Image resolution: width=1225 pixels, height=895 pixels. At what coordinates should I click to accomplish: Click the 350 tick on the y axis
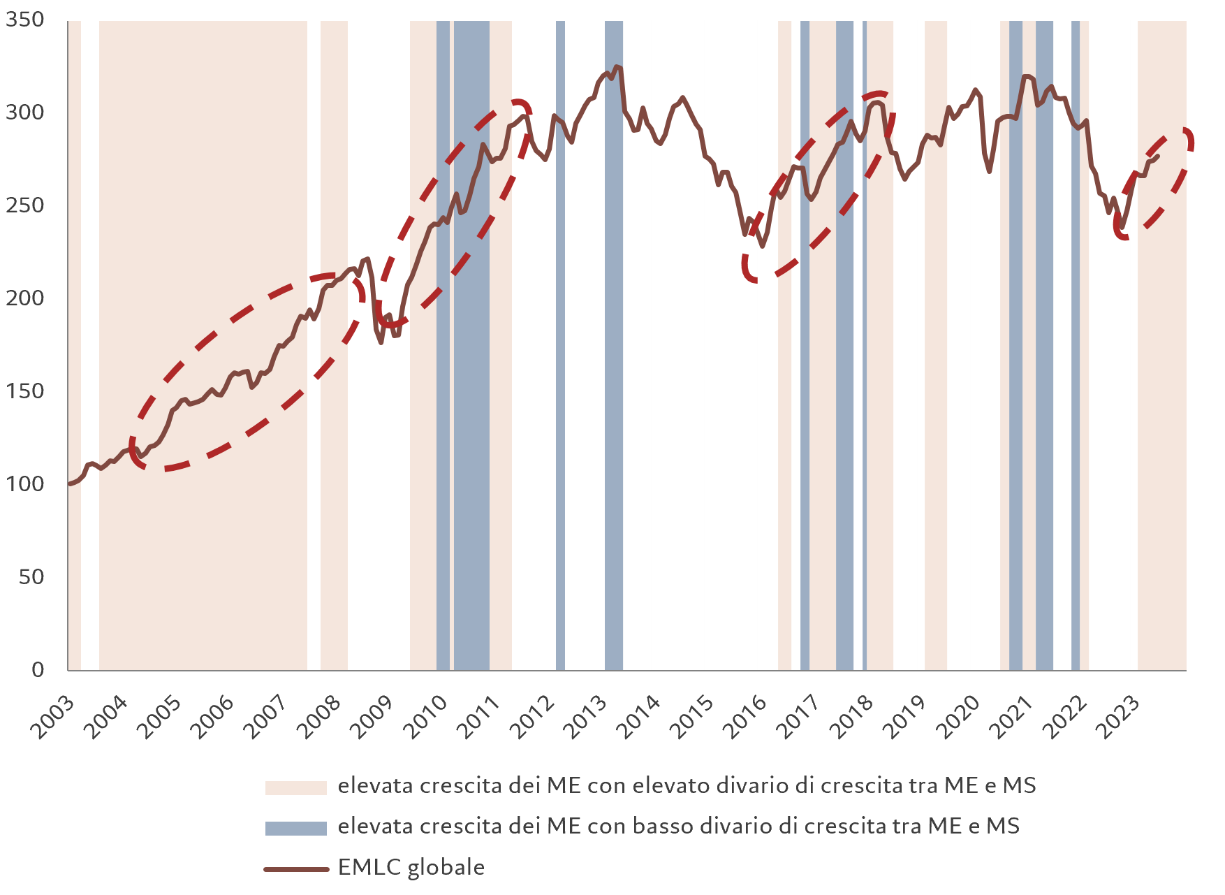[24, 20]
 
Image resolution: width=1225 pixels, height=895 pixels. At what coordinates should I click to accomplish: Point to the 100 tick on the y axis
[24, 483]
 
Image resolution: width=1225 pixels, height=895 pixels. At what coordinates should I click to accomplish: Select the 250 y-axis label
[24, 205]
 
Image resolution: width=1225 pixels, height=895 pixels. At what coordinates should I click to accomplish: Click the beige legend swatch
[295, 787]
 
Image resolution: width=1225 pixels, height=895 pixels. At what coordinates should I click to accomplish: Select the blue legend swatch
[295, 828]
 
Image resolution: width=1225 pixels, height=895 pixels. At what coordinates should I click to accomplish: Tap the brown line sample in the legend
[295, 869]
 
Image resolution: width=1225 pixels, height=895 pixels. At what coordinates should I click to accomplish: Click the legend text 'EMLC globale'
[411, 868]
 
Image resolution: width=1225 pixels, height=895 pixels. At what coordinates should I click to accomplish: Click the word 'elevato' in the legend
[668, 786]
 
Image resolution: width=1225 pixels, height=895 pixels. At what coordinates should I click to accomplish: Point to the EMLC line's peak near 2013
[615, 67]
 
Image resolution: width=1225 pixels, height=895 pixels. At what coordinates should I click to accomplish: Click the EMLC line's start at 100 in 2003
[69, 483]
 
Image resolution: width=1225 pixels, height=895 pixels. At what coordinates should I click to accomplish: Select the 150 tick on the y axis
[24, 391]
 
